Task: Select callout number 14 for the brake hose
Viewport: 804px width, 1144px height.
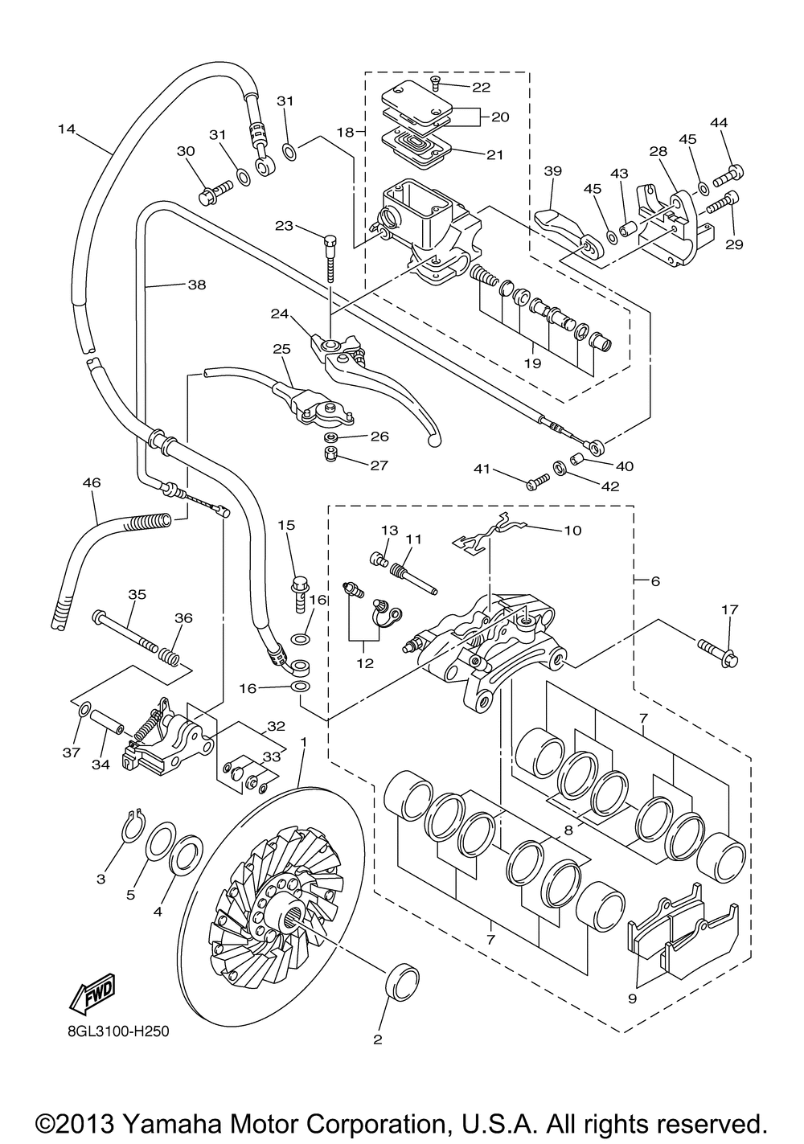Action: (67, 128)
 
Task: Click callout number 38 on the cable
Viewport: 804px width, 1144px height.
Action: (197, 284)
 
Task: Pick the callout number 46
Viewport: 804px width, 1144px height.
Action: (92, 483)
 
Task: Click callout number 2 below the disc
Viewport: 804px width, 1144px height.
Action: (377, 1039)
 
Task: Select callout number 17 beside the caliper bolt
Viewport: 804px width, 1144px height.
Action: (728, 610)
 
